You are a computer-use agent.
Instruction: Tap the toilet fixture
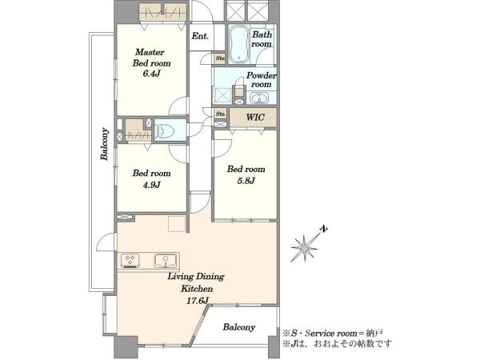[x=164, y=131]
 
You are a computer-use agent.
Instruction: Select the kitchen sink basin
[x=166, y=261]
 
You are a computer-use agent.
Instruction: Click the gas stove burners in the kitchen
[x=130, y=261]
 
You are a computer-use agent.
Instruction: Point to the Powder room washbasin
[x=259, y=98]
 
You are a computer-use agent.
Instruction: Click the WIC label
[x=255, y=118]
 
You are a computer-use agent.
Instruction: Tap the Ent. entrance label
[x=200, y=36]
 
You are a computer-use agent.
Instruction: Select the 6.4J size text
[x=151, y=74]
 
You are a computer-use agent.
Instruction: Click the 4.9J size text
[x=151, y=185]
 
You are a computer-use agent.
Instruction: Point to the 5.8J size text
[x=246, y=181]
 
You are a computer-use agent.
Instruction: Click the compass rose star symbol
[x=304, y=247]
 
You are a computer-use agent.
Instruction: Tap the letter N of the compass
[x=324, y=229]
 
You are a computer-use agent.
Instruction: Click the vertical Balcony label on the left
[x=105, y=144]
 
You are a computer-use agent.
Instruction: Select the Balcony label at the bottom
[x=239, y=327]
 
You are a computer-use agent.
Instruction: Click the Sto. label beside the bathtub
[x=220, y=58]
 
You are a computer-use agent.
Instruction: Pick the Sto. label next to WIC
[x=221, y=114]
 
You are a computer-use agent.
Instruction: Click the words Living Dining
[x=196, y=277]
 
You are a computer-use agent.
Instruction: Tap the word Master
[x=150, y=52]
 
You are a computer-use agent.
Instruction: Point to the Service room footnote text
[x=333, y=333]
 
